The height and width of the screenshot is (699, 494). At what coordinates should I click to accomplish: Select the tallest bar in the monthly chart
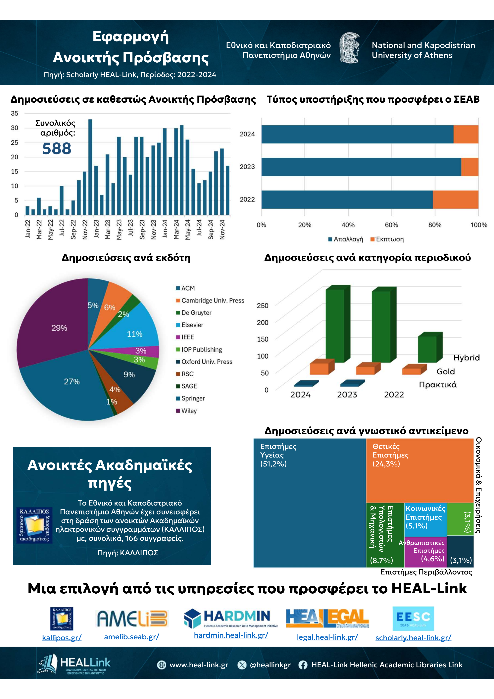[90, 167]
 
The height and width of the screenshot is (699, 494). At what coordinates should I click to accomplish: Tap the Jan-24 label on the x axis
[165, 229]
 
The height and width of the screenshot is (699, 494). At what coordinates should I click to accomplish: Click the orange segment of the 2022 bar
[456, 199]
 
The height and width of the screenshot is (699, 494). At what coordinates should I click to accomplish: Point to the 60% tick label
[391, 225]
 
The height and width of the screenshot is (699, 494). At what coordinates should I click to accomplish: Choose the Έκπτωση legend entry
[387, 239]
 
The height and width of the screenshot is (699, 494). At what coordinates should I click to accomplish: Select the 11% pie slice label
[134, 334]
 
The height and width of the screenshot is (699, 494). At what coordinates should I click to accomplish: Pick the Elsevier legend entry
[190, 325]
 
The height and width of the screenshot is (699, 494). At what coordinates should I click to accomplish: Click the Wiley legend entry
[187, 411]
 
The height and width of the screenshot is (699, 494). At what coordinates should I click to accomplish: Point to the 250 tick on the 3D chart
[262, 306]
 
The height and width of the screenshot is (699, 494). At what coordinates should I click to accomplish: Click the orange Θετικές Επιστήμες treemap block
[420, 471]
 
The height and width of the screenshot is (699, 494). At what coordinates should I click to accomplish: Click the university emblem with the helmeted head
[350, 48]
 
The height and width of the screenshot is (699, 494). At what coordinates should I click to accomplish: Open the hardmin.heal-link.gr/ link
[231, 635]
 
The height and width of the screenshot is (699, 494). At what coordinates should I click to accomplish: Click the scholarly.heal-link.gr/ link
[413, 637]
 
